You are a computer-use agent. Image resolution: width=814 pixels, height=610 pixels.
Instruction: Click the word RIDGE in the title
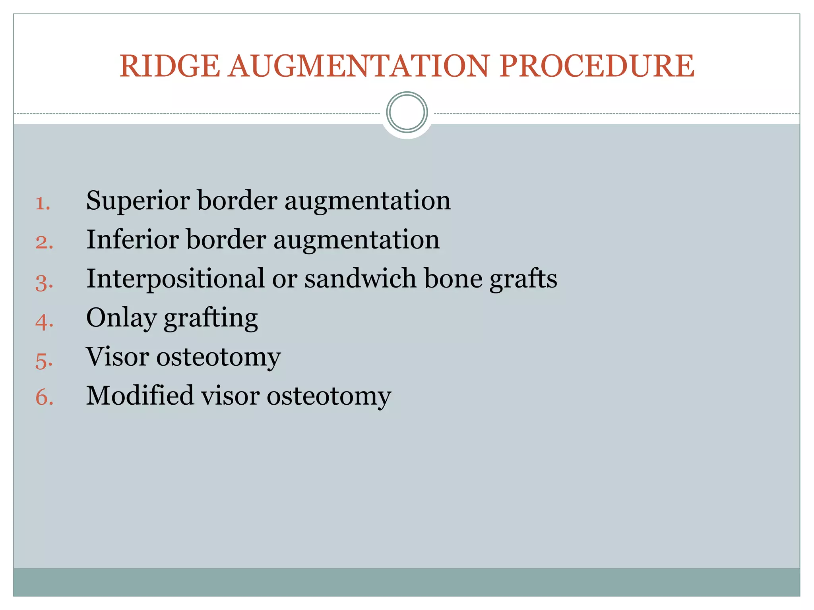coord(170,66)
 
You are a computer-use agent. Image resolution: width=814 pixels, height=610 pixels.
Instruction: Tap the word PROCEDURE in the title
coord(597,66)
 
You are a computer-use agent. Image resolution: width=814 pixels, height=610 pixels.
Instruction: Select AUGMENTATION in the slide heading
coord(359,66)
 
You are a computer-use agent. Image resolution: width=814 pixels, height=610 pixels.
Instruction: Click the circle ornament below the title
coord(407,112)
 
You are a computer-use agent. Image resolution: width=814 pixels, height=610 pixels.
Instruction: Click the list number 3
coord(44,282)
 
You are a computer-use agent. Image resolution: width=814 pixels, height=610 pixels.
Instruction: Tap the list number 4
coord(44,321)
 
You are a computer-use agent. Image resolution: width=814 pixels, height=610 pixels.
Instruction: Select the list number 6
coord(44,397)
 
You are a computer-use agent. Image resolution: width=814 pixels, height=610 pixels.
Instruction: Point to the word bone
coord(453,278)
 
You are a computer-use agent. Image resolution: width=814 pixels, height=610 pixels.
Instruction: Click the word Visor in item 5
coord(117,357)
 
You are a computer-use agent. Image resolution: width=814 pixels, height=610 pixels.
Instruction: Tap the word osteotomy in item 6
coord(329,396)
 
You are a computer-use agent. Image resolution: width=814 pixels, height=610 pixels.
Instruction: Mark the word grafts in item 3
coord(523,278)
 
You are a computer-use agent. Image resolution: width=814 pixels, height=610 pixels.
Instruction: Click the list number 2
coord(44,243)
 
